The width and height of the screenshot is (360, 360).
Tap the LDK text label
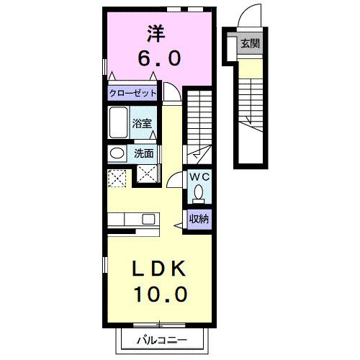point(161,268)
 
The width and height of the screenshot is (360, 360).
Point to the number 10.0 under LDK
point(161,294)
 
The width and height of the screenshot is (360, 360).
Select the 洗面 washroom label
point(144,153)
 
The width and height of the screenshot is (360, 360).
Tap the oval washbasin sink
point(115,153)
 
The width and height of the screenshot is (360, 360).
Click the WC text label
point(199,176)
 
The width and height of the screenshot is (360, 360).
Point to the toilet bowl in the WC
point(199,194)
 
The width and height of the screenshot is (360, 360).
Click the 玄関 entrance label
point(250,42)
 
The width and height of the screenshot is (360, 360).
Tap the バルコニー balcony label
point(163,341)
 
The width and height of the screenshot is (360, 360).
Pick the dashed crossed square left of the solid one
point(117,175)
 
